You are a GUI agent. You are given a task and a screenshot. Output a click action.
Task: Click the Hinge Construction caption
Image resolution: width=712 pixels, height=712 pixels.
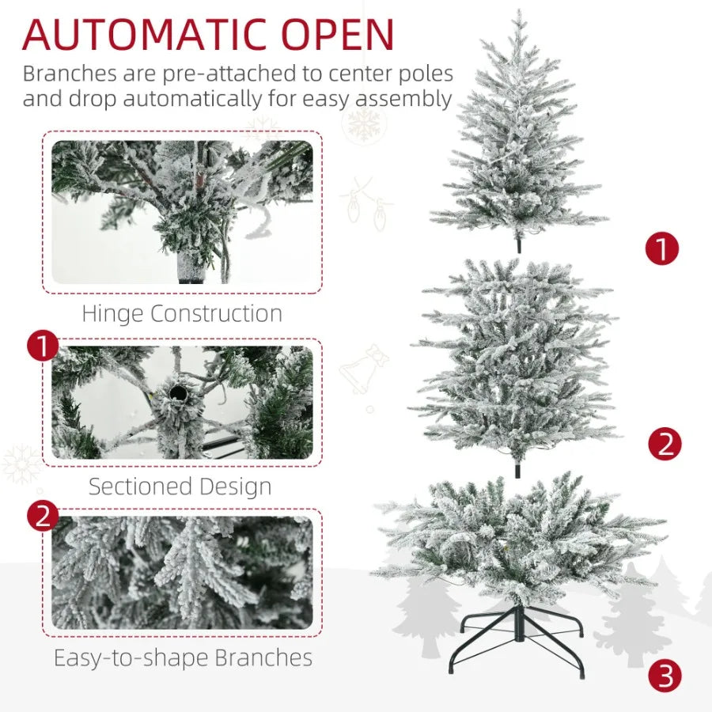pyautogui.click(x=182, y=313)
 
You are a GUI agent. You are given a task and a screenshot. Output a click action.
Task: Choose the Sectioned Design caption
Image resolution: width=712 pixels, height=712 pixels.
pyautogui.click(x=180, y=487)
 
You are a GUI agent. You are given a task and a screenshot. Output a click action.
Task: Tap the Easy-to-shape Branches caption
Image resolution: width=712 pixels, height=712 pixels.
pyautogui.click(x=183, y=657)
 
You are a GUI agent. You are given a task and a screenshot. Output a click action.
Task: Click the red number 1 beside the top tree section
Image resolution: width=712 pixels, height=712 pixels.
pyautogui.click(x=662, y=248)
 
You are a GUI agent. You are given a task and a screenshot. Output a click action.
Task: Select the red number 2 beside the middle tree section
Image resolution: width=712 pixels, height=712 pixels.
pyautogui.click(x=665, y=445)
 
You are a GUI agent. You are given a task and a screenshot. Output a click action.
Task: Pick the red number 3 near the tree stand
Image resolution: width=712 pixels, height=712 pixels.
pyautogui.click(x=665, y=676)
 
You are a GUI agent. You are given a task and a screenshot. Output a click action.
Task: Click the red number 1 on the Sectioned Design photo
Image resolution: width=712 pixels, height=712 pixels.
pyautogui.click(x=43, y=347)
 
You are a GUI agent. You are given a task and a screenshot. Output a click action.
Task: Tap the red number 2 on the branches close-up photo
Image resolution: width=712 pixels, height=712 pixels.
pyautogui.click(x=43, y=517)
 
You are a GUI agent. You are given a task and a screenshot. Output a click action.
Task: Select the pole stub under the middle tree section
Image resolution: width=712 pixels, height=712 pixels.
pyautogui.click(x=518, y=468)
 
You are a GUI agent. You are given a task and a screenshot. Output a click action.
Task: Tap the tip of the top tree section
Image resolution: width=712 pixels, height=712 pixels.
pyautogui.click(x=519, y=14)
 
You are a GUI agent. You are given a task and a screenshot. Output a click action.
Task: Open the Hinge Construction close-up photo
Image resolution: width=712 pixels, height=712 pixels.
pyautogui.click(x=182, y=212)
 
